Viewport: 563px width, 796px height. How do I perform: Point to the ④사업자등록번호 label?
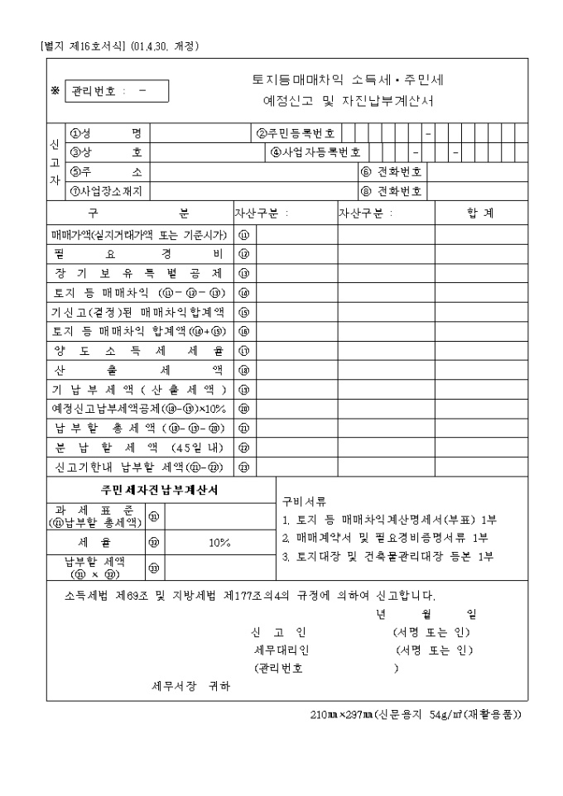click(316, 152)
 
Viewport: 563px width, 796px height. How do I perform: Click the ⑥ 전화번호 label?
click(392, 172)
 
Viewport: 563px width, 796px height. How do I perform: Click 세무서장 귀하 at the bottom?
click(190, 687)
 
